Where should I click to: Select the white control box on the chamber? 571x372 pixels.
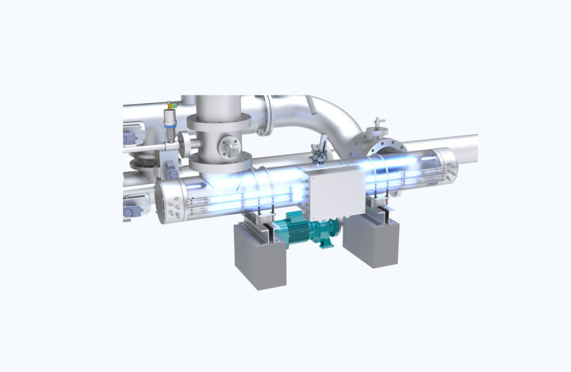[x=334, y=192]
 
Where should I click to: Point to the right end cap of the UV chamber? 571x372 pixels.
[x=446, y=166]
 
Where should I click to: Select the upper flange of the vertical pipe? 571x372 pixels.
[x=219, y=121]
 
